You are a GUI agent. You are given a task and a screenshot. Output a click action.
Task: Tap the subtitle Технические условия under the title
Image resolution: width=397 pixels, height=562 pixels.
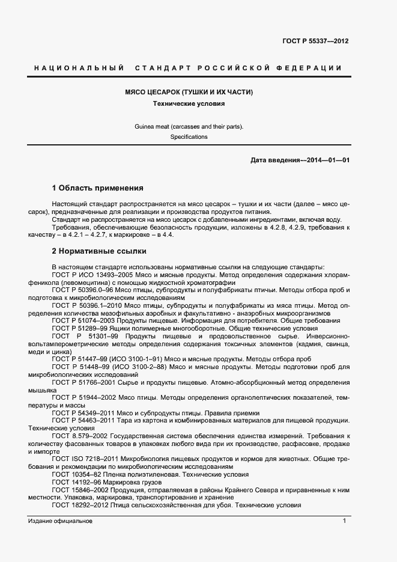pyautogui.click(x=189, y=103)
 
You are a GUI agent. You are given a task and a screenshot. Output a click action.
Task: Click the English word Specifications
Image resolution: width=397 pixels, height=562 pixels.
pyautogui.click(x=189, y=137)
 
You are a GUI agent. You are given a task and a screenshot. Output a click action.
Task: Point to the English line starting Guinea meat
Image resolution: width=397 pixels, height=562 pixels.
pyautogui.click(x=189, y=126)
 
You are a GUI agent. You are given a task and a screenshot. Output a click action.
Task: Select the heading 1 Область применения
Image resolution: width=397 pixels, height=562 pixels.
pyautogui.click(x=97, y=188)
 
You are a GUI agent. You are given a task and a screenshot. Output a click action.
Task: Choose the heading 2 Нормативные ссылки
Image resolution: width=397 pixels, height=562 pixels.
pyautogui.click(x=98, y=251)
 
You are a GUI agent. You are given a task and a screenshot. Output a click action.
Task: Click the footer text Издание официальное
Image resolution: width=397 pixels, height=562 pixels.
pyautogui.click(x=60, y=521)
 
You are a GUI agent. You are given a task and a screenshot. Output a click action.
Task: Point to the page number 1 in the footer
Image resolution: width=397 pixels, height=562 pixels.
pyautogui.click(x=344, y=521)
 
